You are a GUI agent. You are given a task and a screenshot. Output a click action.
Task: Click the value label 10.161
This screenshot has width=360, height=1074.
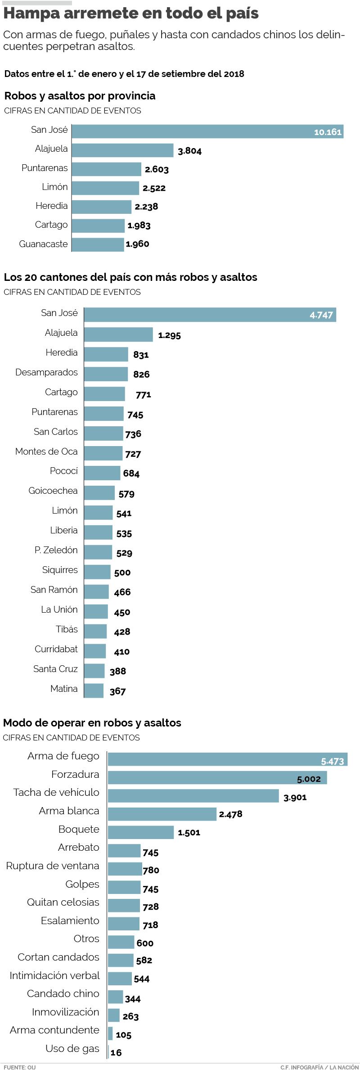[x=328, y=132]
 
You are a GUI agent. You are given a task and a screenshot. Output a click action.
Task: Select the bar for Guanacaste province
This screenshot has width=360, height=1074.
[x=98, y=244]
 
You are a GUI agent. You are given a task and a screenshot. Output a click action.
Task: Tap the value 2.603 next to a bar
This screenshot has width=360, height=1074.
[x=157, y=170]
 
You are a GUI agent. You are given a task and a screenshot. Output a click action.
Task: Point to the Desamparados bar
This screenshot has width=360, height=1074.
[x=106, y=374]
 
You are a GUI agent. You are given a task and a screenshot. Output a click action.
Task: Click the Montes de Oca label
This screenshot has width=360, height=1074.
[x=46, y=451]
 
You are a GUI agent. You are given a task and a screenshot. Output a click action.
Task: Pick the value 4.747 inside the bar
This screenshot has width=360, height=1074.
[x=321, y=315]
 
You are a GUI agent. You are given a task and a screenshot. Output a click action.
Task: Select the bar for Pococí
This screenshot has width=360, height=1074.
[x=102, y=473]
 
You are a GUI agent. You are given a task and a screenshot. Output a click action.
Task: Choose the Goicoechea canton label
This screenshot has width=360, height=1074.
[x=53, y=491]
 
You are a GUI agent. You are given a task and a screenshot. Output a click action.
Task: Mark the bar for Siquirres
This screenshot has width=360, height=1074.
[x=97, y=572]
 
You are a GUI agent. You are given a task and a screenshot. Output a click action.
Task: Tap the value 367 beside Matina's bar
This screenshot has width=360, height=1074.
[x=117, y=691]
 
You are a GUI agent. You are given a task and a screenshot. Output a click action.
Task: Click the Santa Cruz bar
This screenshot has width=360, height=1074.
[x=94, y=671]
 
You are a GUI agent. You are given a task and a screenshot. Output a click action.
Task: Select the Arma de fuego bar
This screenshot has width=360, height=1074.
[x=227, y=759]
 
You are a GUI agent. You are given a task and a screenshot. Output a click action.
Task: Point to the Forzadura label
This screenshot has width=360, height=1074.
[x=75, y=774]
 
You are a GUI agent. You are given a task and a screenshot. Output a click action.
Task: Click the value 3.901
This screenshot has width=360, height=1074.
[x=295, y=797]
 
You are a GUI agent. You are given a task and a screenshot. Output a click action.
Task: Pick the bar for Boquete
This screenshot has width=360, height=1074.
[x=140, y=832]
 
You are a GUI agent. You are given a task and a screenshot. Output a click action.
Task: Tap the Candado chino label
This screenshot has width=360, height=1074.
[x=63, y=993]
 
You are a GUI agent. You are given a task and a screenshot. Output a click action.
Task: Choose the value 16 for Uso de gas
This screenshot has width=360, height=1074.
[x=116, y=1052]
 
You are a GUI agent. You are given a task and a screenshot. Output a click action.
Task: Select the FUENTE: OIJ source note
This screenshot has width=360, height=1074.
[x=19, y=1068]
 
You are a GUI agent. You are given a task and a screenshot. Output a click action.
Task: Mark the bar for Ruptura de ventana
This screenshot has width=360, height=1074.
[x=125, y=869]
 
